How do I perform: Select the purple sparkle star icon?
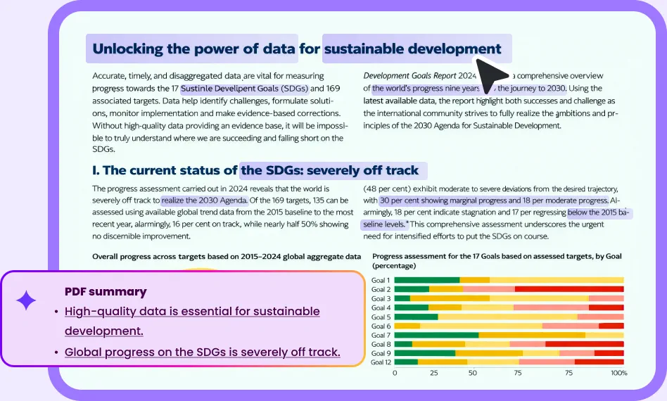(26, 301)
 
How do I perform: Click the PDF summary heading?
(106, 291)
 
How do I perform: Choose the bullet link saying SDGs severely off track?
(202, 352)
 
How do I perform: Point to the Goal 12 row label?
(381, 362)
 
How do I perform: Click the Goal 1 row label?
(381, 281)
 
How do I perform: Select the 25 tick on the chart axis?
(434, 373)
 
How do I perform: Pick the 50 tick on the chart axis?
(473, 373)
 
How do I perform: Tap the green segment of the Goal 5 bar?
(416, 317)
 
